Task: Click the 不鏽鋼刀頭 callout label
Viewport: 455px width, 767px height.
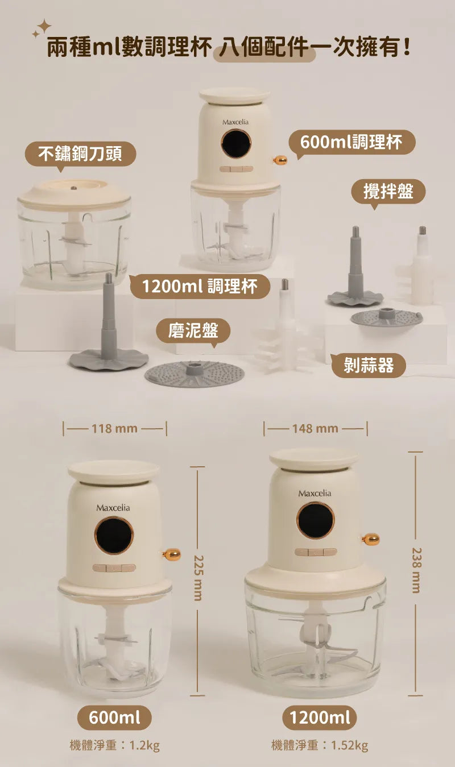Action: click(81, 154)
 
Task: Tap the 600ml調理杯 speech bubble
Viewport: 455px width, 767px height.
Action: click(352, 142)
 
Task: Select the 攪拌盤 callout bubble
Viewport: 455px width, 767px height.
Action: click(388, 192)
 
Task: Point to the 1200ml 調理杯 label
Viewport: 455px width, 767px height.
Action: click(200, 286)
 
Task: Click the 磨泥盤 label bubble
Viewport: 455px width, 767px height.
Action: click(193, 331)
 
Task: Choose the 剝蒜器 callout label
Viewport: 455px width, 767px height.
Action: click(369, 365)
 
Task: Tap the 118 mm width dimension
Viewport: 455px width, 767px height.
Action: click(115, 428)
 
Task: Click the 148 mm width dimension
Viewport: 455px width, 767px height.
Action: click(316, 428)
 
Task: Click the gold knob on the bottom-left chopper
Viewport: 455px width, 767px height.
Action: click(172, 554)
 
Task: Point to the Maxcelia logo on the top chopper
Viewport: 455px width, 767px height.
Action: click(235, 122)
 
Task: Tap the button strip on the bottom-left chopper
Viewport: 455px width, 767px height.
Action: click(114, 568)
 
